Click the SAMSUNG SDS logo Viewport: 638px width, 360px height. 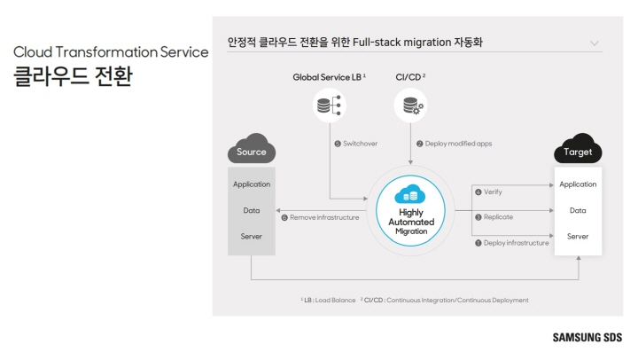[x=587, y=337]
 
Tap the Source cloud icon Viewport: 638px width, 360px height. [x=252, y=150]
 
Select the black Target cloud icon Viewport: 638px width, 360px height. [x=578, y=150]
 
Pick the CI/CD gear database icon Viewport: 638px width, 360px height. [x=410, y=106]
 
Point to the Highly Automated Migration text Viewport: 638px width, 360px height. [x=410, y=222]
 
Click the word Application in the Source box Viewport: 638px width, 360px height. [x=252, y=184]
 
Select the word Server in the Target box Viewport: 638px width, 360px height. [x=578, y=236]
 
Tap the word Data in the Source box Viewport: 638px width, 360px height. [x=252, y=210]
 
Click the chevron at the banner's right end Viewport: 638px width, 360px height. [x=594, y=43]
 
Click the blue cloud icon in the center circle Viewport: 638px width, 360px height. [x=410, y=194]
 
